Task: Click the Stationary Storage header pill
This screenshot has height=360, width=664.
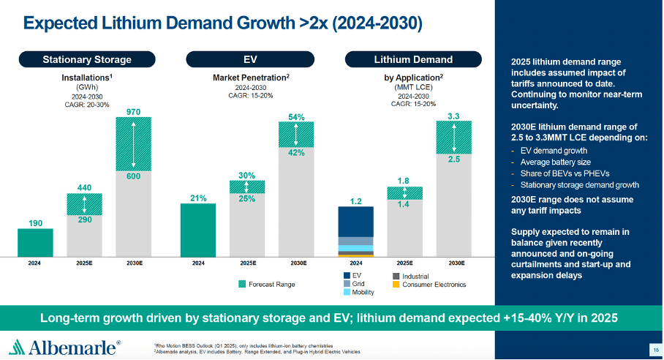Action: click(x=87, y=59)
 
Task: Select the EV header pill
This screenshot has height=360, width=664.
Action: click(x=249, y=59)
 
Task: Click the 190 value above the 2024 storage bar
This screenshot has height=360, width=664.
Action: click(x=35, y=222)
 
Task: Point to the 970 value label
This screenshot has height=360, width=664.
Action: click(x=133, y=112)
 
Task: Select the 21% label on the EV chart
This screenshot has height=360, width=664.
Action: click(x=198, y=198)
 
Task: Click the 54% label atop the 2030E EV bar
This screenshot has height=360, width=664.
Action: click(x=296, y=116)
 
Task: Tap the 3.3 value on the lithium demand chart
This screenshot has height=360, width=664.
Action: click(x=453, y=116)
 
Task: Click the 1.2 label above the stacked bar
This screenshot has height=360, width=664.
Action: click(x=355, y=200)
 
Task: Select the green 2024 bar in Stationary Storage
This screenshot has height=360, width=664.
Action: click(x=35, y=242)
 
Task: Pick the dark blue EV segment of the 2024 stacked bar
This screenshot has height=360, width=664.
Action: click(x=356, y=221)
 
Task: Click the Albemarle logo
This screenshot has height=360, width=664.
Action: click(x=66, y=346)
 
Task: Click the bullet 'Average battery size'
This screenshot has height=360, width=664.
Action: click(x=550, y=162)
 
